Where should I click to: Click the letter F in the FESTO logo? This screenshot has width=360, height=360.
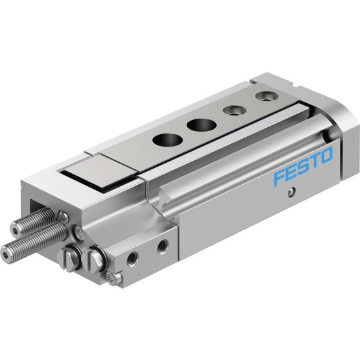[x=279, y=178]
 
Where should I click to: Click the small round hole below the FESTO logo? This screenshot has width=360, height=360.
[x=291, y=192]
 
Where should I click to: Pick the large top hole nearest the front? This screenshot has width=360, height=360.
[x=167, y=139]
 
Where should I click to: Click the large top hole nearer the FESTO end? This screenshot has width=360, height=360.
[x=201, y=125]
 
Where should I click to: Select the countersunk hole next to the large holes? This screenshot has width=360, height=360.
[x=235, y=111]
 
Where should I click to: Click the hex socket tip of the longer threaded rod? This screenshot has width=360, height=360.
[x=5, y=254]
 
